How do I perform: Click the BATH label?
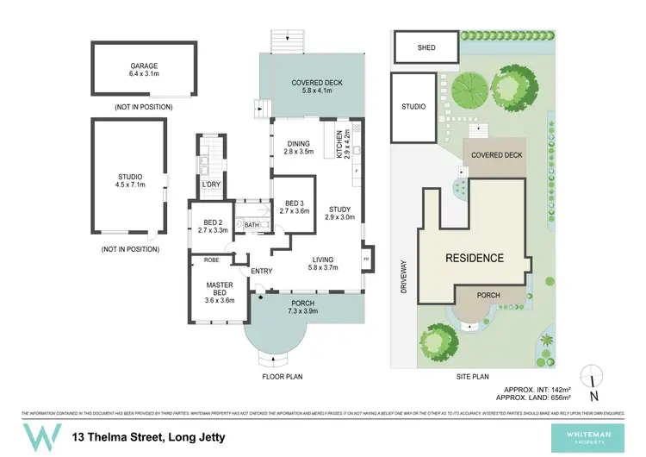(x=252, y=226)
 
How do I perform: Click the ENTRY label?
(x=261, y=272)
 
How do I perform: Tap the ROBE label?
(x=210, y=260)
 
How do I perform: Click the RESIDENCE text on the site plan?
(x=474, y=258)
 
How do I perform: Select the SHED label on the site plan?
(x=425, y=47)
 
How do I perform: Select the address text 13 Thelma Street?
(x=149, y=437)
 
